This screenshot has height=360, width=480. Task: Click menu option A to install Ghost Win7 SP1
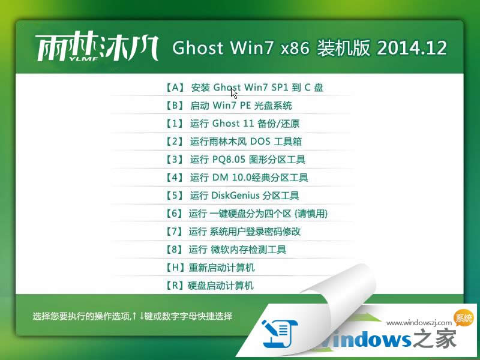(244, 88)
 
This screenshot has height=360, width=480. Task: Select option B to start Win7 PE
(228, 106)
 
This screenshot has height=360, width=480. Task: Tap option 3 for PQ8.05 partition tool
(235, 160)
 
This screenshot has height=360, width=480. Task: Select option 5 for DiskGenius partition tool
(232, 196)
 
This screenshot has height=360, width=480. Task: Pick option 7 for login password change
(232, 232)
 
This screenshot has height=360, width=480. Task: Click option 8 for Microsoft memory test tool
(225, 250)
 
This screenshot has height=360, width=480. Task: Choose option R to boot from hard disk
(209, 286)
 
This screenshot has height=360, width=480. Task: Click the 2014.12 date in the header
(412, 49)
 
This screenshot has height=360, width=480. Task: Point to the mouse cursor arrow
(233, 93)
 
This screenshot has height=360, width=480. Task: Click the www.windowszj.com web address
(420, 323)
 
